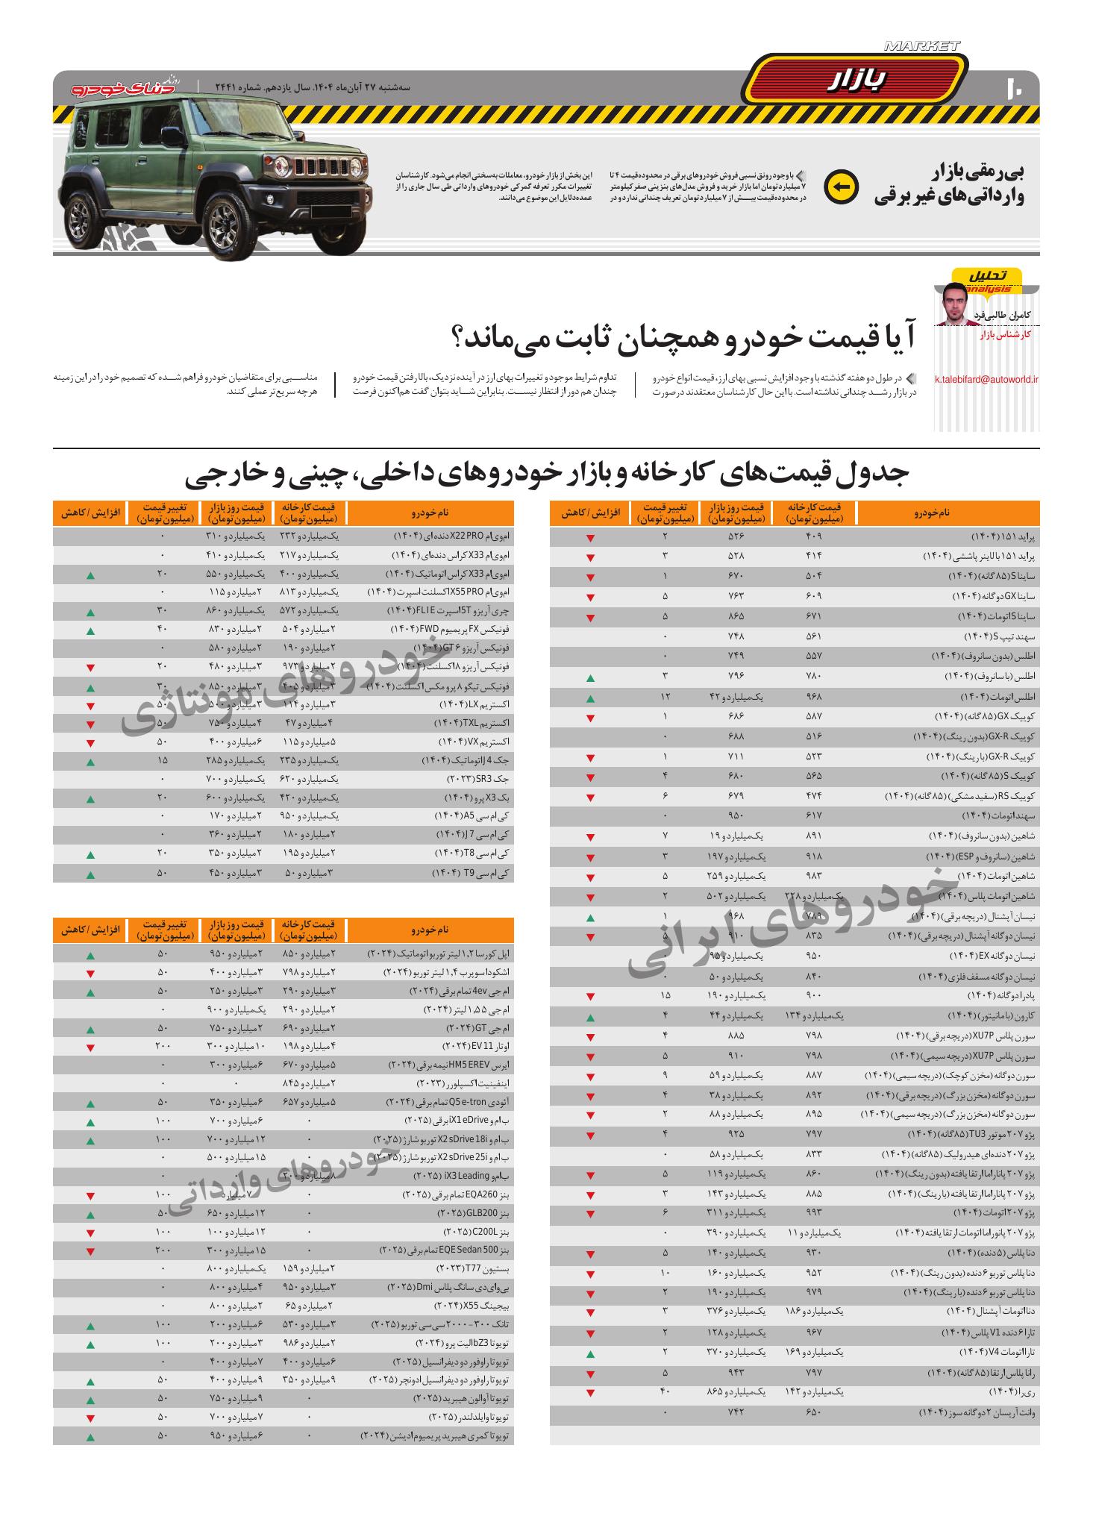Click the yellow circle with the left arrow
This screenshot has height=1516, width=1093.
point(841,187)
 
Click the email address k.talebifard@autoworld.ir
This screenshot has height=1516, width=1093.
point(986,380)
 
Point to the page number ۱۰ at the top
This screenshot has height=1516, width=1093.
point(1015,88)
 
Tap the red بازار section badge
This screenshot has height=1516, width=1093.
point(856,81)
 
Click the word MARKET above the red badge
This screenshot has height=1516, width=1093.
point(922,46)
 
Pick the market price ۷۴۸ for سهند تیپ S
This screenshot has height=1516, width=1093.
point(736,637)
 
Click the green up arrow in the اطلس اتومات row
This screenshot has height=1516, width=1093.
point(590,699)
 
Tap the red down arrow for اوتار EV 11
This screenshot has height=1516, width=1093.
point(90,1048)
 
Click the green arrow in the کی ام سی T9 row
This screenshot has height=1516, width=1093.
point(90,874)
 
